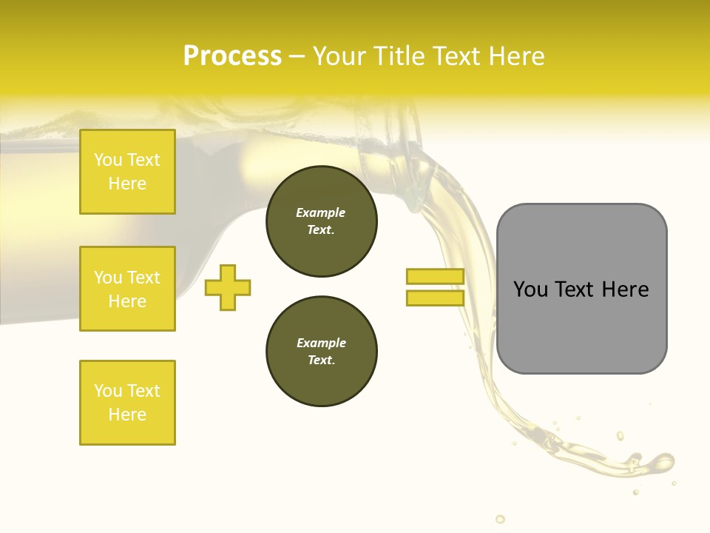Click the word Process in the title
(232, 56)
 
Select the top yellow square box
(127, 172)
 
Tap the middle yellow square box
(127, 289)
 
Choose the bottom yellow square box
(127, 403)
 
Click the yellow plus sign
(228, 287)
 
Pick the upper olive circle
(322, 221)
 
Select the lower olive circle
(322, 352)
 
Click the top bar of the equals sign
(435, 276)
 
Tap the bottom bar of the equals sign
(435, 298)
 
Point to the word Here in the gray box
(625, 289)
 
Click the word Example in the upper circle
(321, 212)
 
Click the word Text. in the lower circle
(321, 361)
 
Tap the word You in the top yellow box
(108, 160)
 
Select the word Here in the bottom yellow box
(127, 415)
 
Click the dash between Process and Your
(297, 56)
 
